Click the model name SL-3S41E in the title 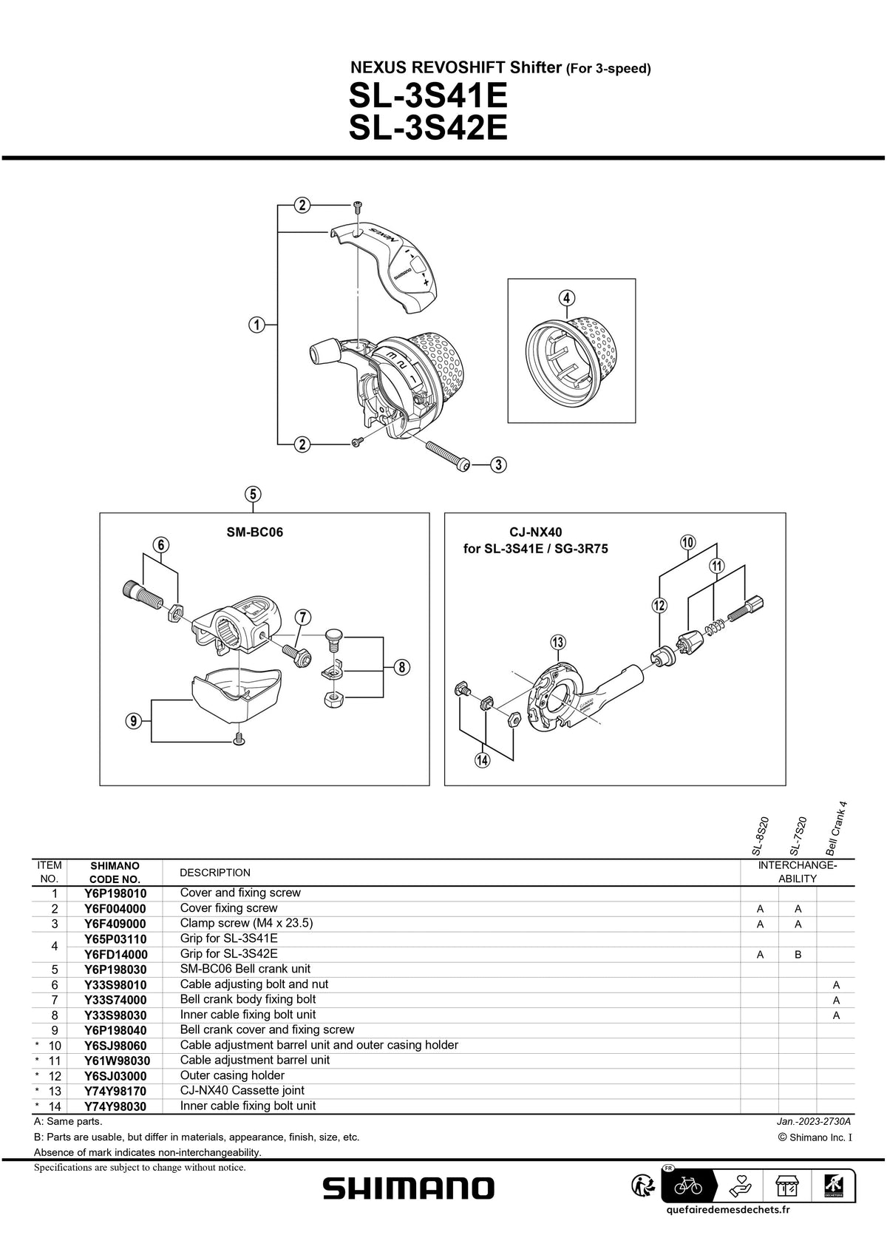point(428,96)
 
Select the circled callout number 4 point(565,298)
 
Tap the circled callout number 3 point(499,464)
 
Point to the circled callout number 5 point(254,494)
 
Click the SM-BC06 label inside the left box point(255,532)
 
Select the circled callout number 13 point(557,641)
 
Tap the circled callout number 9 point(133,721)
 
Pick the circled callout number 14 point(483,760)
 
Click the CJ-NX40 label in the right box point(536,532)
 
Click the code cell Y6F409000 point(115,924)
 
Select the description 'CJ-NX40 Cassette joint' point(242,1090)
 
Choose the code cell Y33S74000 point(115,1000)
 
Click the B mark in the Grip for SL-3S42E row point(798,955)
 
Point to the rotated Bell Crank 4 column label point(836,828)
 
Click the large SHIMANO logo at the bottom point(409,1188)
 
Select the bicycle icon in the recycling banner point(688,1186)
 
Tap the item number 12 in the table point(54,1075)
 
